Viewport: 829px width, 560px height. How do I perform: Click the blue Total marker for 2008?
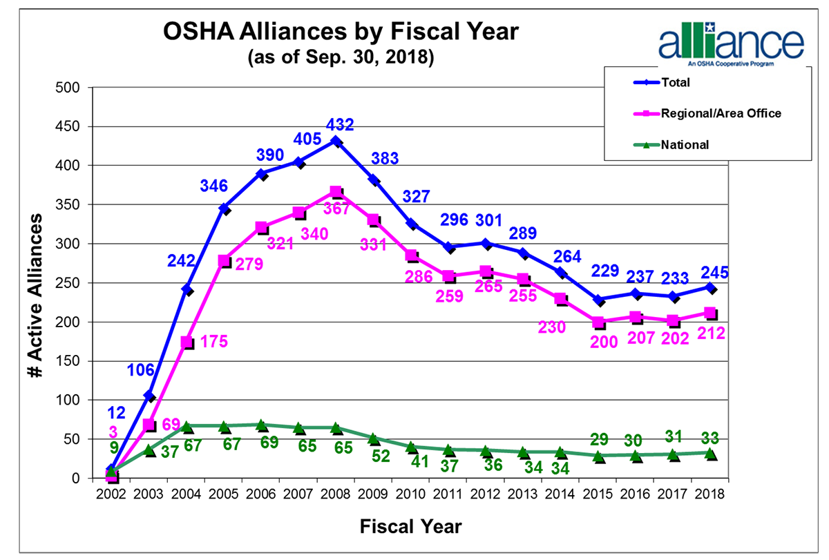[x=336, y=141]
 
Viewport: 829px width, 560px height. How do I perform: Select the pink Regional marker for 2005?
[x=224, y=261]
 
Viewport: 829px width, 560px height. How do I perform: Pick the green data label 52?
[x=380, y=456]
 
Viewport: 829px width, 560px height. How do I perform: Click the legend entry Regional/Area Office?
[x=721, y=113]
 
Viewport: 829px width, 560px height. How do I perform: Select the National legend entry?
[x=685, y=145]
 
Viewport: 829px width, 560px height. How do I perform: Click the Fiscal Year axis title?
[x=410, y=527]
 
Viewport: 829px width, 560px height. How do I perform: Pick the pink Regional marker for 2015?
[x=598, y=322]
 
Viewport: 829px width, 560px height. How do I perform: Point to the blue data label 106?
[x=141, y=371]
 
